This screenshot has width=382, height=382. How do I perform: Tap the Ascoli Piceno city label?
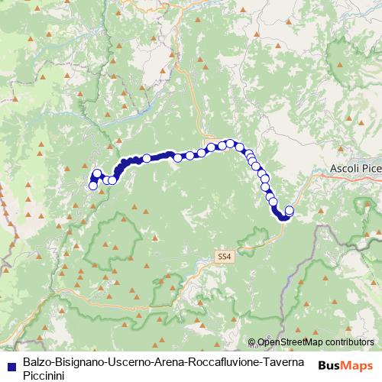[355, 168]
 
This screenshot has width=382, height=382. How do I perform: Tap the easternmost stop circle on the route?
[289, 210]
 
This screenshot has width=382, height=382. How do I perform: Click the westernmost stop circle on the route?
[93, 185]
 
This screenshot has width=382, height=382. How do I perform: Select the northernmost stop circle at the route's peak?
[230, 143]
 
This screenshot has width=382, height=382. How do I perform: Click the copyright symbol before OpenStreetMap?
[252, 342]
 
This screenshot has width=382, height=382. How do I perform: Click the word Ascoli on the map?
[344, 168]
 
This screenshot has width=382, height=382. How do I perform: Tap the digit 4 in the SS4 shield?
[228, 258]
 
